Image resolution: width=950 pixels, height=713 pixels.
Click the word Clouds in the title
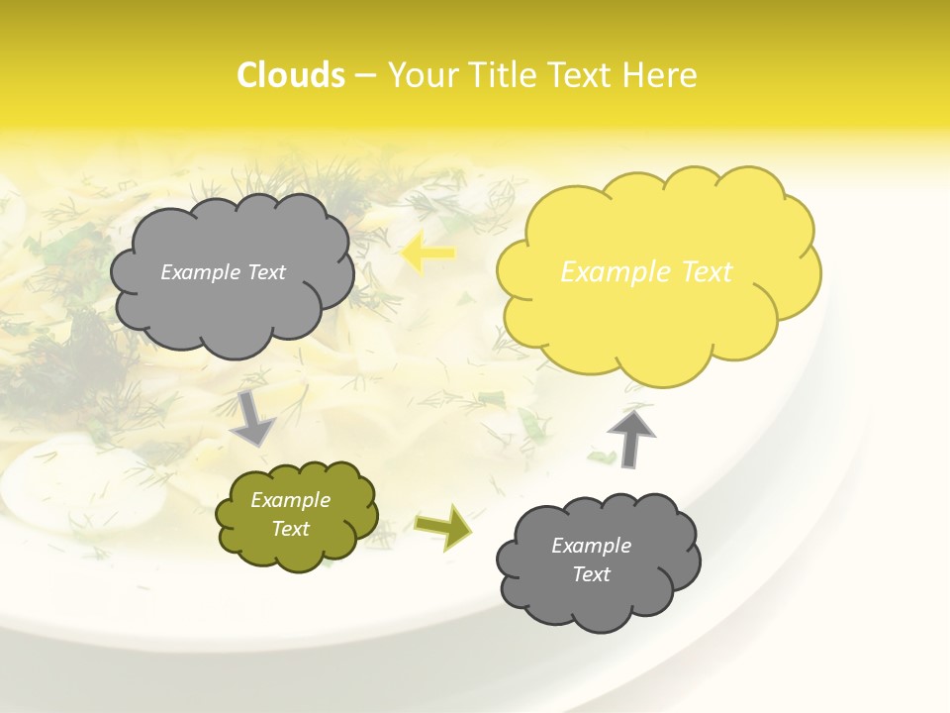click(291, 75)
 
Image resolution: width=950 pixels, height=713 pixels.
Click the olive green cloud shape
click(297, 515)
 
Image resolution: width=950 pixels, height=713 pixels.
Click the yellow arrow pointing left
click(428, 253)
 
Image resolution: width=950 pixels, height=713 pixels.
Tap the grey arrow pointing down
click(252, 417)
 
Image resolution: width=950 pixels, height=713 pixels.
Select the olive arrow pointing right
click(442, 526)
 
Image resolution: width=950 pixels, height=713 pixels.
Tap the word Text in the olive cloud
click(291, 529)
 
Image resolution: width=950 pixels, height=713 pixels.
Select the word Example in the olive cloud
click(291, 500)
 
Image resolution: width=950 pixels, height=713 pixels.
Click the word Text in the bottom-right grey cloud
click(592, 574)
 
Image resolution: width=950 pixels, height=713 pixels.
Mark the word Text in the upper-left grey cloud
click(264, 272)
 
